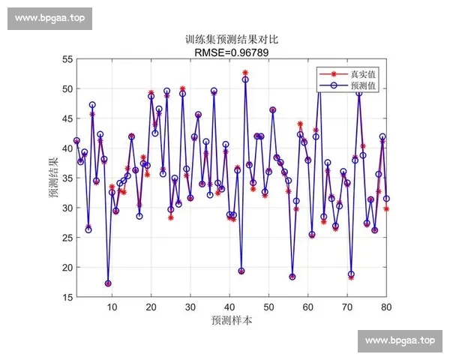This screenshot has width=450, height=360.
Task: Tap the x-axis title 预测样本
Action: pos(231,320)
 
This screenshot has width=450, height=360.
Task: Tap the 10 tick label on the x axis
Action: pos(112,307)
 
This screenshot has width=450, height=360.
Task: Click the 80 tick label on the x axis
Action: pos(386,307)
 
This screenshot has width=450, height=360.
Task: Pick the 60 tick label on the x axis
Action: pos(308,307)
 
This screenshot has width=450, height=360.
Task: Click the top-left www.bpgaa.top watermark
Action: pos(50,19)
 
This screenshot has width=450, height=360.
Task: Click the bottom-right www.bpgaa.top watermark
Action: pos(400,340)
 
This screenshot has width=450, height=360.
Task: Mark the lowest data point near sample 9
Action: pos(108,283)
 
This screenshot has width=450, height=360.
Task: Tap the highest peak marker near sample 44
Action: pos(245,73)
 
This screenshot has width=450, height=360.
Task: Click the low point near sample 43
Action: pos(241,271)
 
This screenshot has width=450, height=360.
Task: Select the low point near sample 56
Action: pos(292,277)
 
